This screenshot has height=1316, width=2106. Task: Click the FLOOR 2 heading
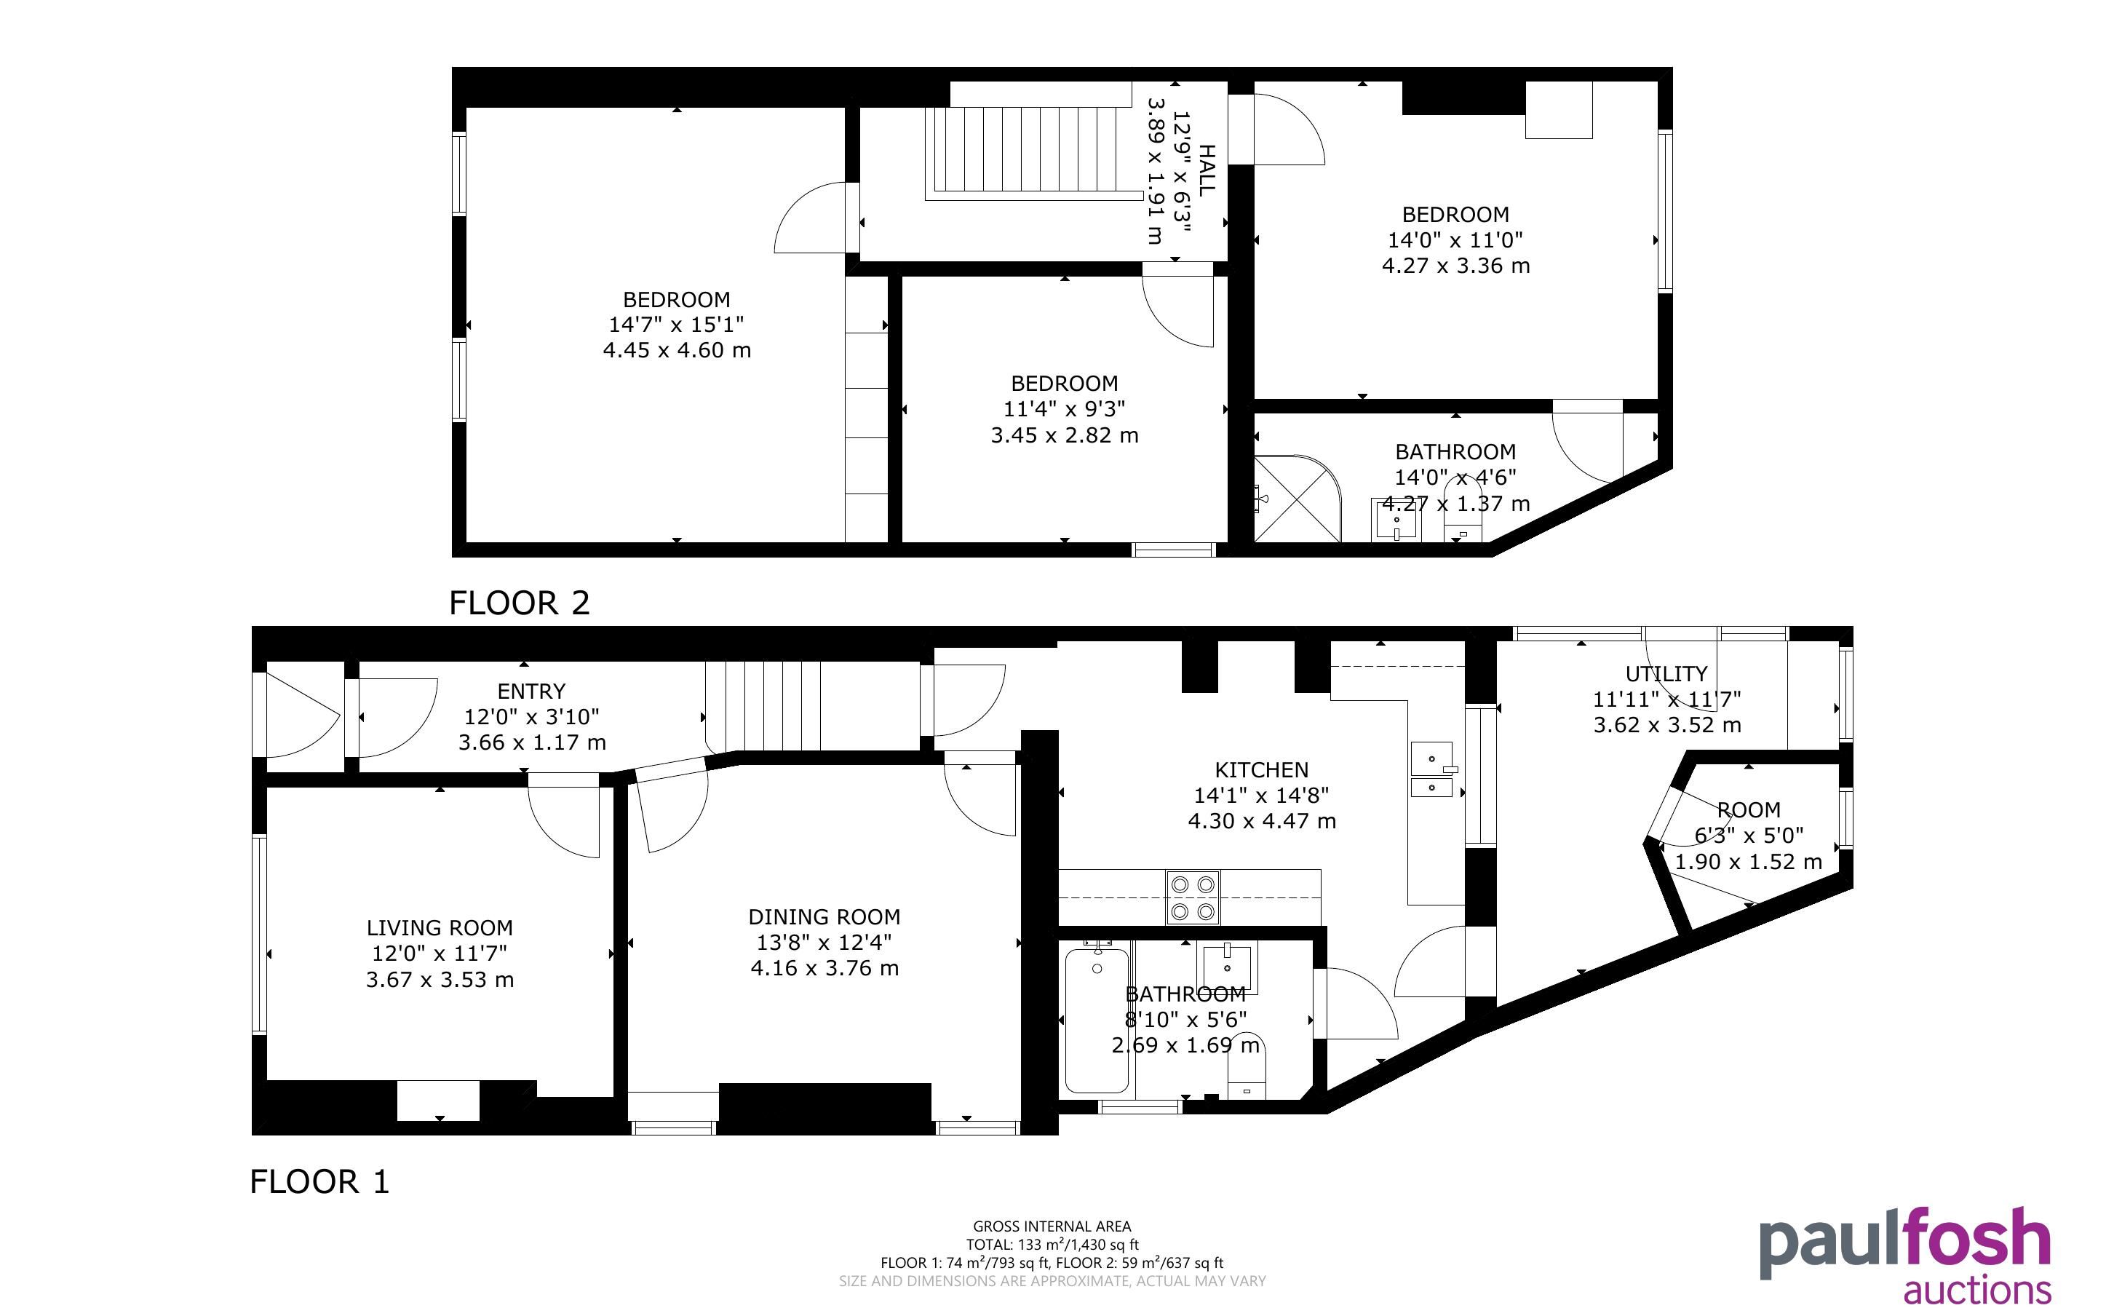[x=520, y=602]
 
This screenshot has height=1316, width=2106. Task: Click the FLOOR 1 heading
[x=319, y=1181]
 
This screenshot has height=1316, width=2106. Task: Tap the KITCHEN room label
[x=1261, y=769]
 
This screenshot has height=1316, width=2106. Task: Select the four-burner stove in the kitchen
[x=1193, y=897]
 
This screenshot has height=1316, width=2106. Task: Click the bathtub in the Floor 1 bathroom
[x=1097, y=1019]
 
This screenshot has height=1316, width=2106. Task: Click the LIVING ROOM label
[x=440, y=928]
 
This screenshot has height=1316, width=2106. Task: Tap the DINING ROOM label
[x=824, y=916]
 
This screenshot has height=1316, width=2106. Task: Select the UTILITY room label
[x=1666, y=674]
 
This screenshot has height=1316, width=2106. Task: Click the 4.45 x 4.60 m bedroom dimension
[x=677, y=350]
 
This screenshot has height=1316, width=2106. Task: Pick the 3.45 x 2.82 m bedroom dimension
[x=1064, y=435]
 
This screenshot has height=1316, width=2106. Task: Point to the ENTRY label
[x=531, y=691]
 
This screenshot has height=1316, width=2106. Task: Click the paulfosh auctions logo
[x=1905, y=1253]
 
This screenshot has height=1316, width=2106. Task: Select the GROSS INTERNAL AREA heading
[x=1052, y=1226]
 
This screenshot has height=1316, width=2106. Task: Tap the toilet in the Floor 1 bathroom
[x=1246, y=1068]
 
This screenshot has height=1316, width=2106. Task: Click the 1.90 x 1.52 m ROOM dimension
[x=1749, y=862]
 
